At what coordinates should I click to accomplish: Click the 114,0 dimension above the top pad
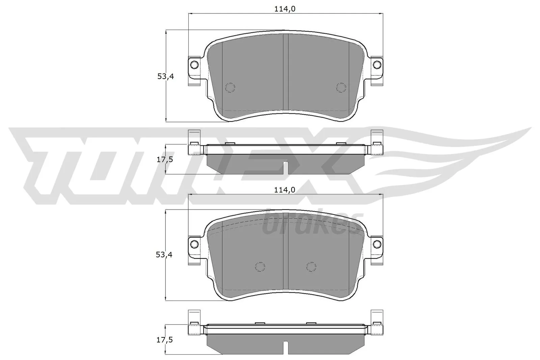pos(285,9)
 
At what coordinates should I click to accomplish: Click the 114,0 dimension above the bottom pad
pos(285,190)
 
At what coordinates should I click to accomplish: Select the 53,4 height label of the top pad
pos(165,77)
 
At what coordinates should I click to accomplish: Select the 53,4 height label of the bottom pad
pos(164,255)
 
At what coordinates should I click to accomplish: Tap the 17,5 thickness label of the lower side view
pos(165,340)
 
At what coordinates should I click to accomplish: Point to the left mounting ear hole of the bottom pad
pos(194,243)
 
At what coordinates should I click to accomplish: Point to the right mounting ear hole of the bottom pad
pos(376,243)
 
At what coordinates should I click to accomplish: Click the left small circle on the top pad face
pos(230,87)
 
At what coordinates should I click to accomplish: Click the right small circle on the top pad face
pos(341,87)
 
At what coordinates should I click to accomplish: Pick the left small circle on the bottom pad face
pos(260,267)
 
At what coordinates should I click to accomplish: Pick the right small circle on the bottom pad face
pos(311,267)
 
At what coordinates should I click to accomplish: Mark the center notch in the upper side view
pos(286,168)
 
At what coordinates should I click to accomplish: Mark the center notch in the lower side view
pos(286,348)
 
